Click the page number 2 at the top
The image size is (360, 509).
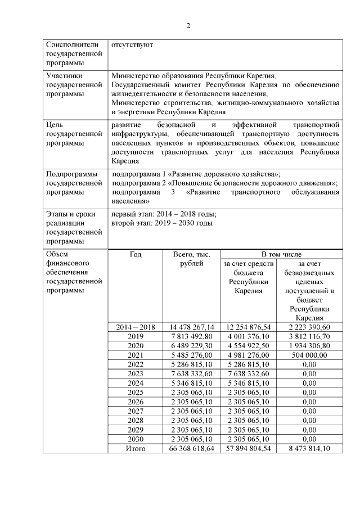(188, 26)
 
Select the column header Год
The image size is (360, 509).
(136, 255)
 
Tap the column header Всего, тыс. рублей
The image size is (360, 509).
(192, 259)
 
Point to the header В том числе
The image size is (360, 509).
(280, 255)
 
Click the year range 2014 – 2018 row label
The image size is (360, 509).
(136, 327)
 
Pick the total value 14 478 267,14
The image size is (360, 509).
(192, 327)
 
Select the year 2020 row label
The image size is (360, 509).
(136, 345)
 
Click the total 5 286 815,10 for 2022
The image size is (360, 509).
(192, 364)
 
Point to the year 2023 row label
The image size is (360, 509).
(136, 373)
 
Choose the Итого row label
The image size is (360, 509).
(136, 448)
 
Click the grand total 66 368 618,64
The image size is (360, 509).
(192, 448)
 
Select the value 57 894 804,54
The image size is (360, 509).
(248, 448)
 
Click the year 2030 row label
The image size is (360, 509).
(136, 439)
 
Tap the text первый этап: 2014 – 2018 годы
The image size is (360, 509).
(164, 214)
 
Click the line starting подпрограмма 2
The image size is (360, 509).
(225, 183)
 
